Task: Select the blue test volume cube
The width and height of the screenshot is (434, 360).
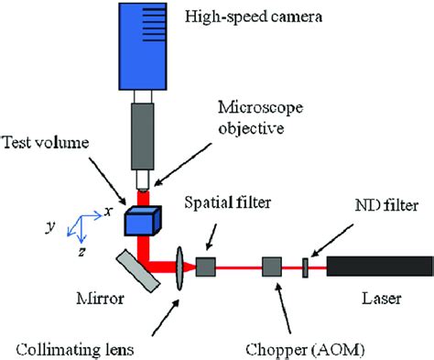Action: (145, 223)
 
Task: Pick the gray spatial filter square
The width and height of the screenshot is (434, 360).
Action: (206, 267)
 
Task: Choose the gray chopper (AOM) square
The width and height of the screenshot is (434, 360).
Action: (272, 267)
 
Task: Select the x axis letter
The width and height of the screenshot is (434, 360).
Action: (108, 211)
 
